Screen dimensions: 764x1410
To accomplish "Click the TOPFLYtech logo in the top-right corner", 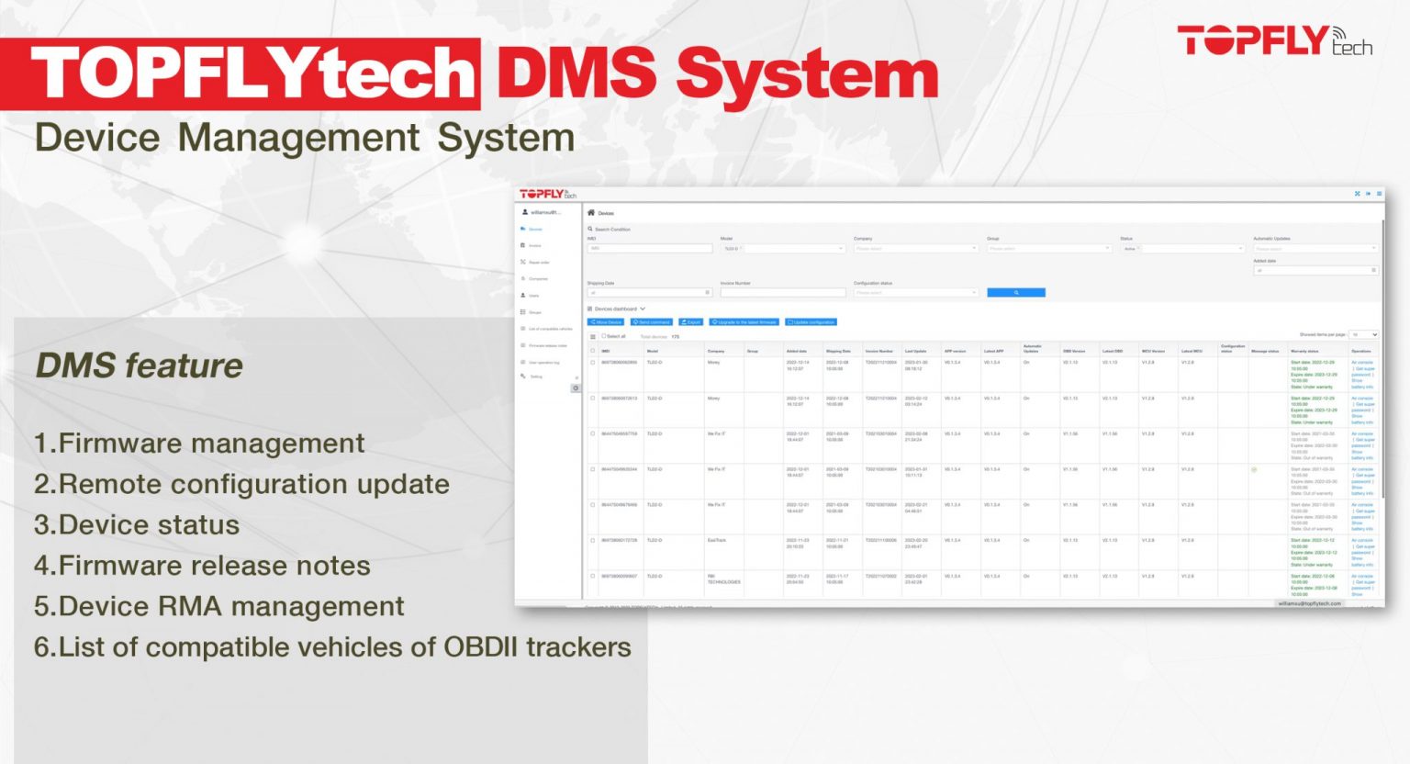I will [x=1274, y=41].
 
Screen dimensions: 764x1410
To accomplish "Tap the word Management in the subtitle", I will [x=298, y=139].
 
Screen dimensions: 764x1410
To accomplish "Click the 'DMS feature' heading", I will [x=139, y=365].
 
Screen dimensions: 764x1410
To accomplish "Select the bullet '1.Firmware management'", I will [x=199, y=444].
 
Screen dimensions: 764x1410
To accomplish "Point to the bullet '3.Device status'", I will [x=137, y=525].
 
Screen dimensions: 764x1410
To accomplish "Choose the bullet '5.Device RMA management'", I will [x=219, y=607].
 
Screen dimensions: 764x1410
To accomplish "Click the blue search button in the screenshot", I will [x=1015, y=293].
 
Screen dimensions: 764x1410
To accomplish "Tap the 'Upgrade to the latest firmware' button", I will [x=744, y=322].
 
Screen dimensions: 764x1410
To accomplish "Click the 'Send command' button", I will [x=652, y=322].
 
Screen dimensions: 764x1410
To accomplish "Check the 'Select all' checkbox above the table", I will [x=603, y=336].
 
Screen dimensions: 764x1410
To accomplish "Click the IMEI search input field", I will [x=650, y=248].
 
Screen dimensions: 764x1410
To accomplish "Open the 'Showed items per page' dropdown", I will [x=1363, y=335].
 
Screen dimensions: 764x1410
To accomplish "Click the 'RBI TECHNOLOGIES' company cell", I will [x=723, y=579].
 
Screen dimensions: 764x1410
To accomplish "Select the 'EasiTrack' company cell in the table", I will [x=717, y=540].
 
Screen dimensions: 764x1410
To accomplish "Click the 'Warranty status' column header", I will [x=1304, y=351].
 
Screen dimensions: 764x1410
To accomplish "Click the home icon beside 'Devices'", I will [x=591, y=212].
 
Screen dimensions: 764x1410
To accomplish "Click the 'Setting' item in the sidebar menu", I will [x=536, y=376].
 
